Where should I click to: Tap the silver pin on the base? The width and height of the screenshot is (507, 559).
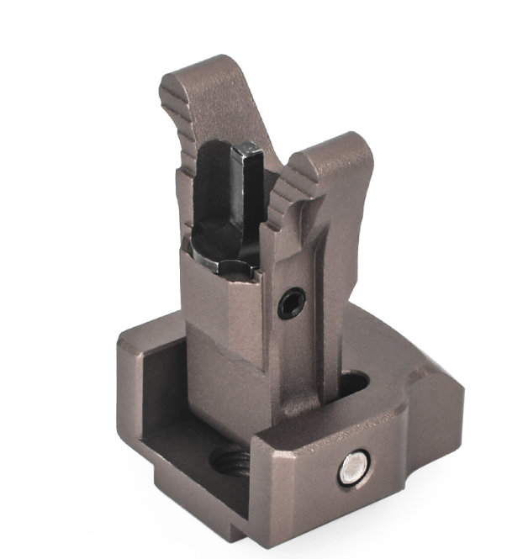pos(354,468)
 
